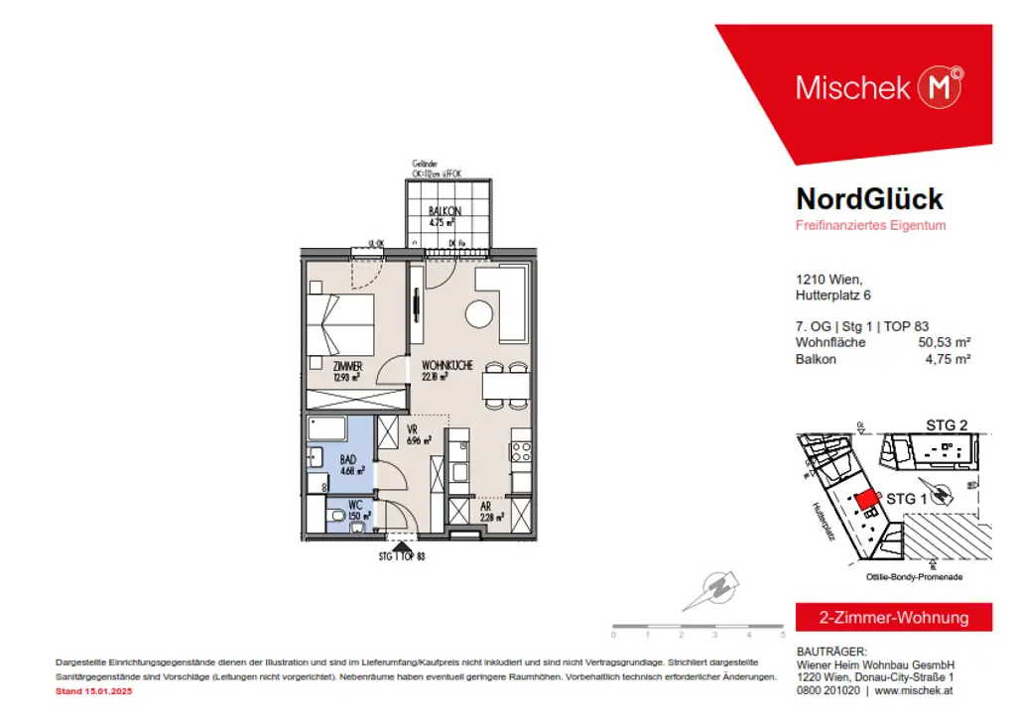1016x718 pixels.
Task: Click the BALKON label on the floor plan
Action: (443, 212)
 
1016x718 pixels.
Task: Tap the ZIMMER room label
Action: (346, 366)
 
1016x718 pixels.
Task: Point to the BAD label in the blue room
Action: (347, 460)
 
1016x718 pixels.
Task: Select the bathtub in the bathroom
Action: (326, 429)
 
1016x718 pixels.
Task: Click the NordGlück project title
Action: (869, 198)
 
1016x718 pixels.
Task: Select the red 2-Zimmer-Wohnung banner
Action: (893, 617)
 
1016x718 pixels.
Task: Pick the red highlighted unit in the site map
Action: (865, 500)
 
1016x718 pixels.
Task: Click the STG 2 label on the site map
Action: (947, 424)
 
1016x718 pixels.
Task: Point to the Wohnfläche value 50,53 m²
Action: (942, 342)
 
